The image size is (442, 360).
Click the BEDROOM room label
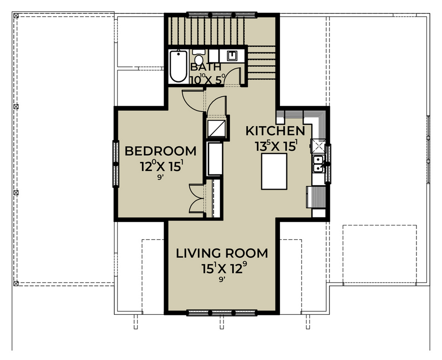coord(161,151)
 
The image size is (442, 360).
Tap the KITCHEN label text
coord(276,131)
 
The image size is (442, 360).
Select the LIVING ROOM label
coord(222,253)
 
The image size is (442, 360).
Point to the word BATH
coord(206,67)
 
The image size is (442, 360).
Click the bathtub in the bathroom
coord(178,66)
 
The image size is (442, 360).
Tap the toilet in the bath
coord(199,57)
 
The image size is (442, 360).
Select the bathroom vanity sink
coord(232,55)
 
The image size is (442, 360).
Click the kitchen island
coord(274,171)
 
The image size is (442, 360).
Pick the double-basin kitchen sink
coord(318,164)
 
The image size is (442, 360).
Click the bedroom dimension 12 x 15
coord(161,166)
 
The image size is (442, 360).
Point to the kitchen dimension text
coord(276,146)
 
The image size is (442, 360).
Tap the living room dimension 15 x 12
coord(222,268)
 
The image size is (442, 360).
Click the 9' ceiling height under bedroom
coord(161,178)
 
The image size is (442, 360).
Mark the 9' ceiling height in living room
coord(222,280)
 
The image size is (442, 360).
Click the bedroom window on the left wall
coord(115,164)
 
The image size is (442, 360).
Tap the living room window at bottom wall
coord(222,312)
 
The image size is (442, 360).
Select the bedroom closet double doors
coord(196,198)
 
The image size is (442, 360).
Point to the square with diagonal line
coord(217,128)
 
